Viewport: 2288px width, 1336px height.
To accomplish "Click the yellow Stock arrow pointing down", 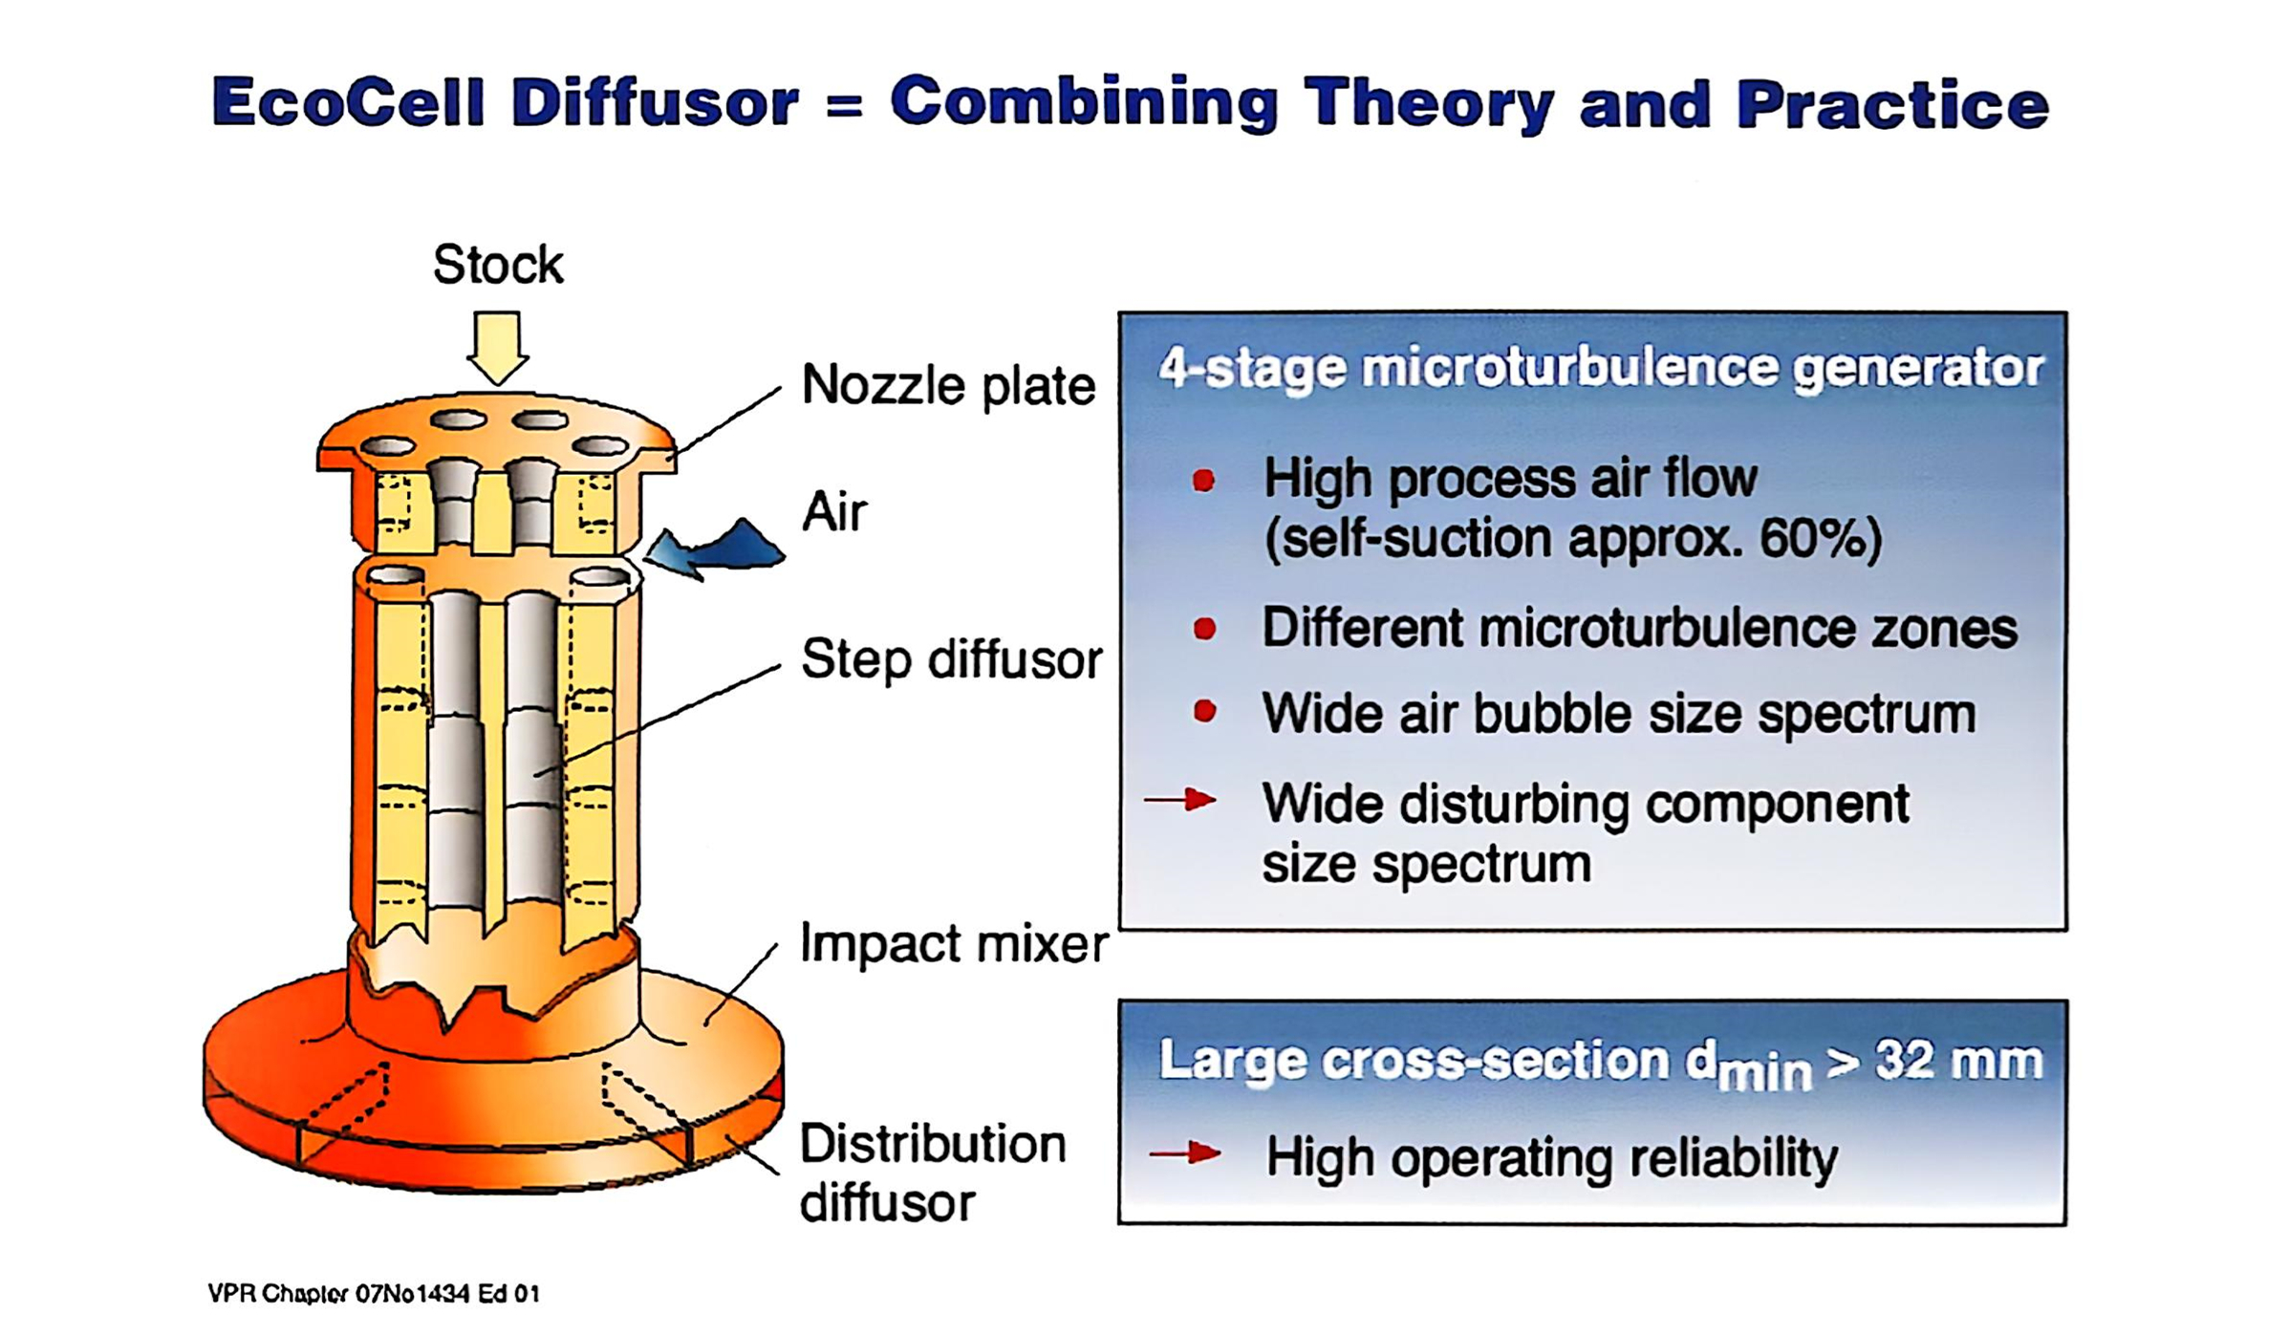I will click(x=497, y=347).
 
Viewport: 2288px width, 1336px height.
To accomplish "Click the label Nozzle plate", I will click(x=947, y=385).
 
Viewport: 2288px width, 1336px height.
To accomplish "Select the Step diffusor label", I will click(x=951, y=659).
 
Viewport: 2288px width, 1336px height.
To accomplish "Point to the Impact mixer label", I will click(x=953, y=944).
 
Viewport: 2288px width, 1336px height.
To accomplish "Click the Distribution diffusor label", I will click(x=932, y=1173).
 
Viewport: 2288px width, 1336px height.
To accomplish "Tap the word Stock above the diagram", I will click(x=497, y=265).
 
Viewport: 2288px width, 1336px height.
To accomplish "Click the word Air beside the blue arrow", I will click(x=833, y=512).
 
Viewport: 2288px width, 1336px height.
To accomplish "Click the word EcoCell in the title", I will click(x=349, y=102).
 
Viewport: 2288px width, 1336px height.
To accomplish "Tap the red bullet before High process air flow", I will click(x=1204, y=480).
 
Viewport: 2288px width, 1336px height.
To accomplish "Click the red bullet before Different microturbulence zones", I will click(x=1205, y=629).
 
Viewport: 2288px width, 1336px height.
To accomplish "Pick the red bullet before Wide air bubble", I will click(x=1205, y=712).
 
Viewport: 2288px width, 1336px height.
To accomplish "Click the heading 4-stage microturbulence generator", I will click(x=1600, y=368).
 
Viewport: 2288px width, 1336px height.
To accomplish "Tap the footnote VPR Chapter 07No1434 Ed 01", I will click(x=374, y=1294).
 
